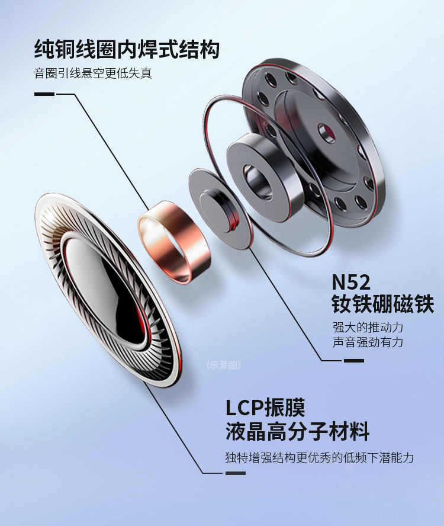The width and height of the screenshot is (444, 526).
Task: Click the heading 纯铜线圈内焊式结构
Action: (127, 49)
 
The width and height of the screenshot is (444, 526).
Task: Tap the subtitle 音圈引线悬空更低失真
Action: (97, 74)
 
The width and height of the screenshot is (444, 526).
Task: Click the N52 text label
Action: (351, 281)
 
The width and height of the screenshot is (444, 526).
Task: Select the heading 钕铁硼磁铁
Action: (382, 304)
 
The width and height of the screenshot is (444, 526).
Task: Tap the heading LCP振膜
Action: (265, 408)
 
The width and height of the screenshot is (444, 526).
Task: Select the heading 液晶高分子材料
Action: (297, 431)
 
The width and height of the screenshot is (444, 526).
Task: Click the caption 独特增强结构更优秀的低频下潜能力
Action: (319, 457)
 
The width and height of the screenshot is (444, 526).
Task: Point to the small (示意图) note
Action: (224, 365)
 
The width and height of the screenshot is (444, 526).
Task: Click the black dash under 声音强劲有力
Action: (353, 360)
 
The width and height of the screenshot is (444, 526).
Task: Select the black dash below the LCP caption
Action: (235, 473)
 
